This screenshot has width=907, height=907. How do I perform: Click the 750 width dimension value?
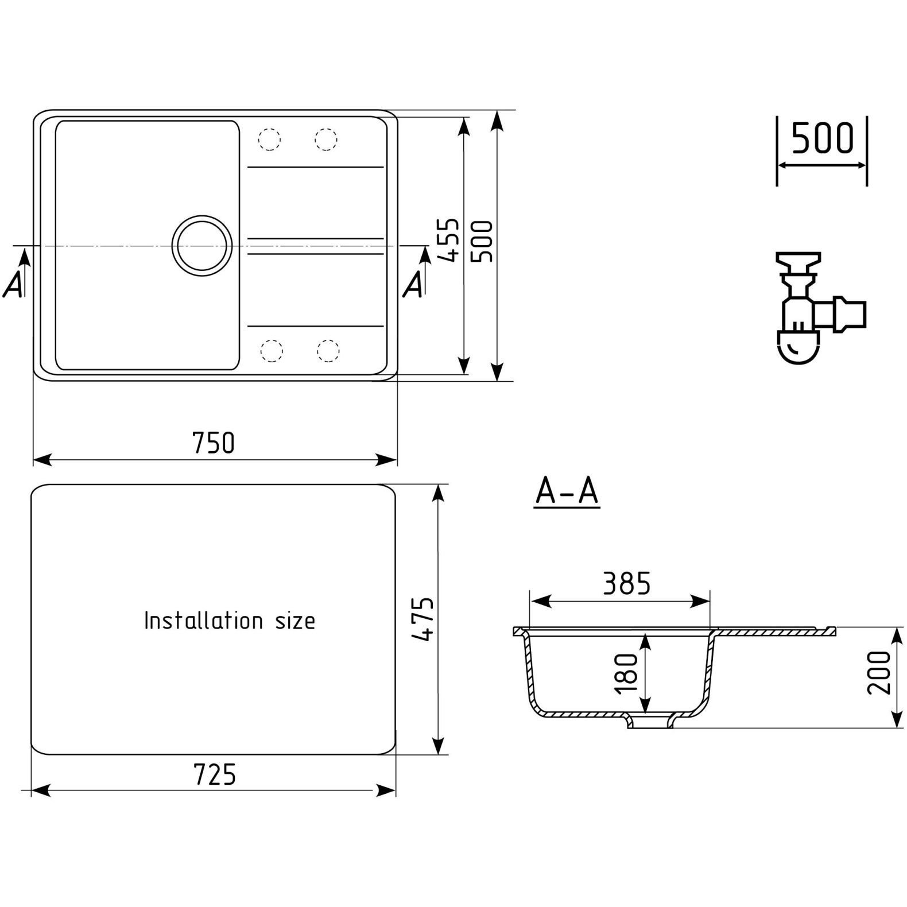click(214, 443)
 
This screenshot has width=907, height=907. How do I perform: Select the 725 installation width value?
click(215, 774)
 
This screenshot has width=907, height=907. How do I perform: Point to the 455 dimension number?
click(448, 240)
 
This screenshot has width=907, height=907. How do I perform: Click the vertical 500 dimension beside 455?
click(482, 242)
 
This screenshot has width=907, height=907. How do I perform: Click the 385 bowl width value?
click(627, 584)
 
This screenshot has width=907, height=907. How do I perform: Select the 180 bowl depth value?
click(626, 673)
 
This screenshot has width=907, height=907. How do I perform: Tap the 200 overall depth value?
click(878, 672)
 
